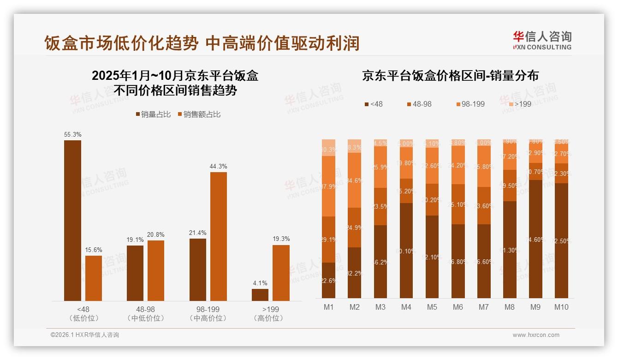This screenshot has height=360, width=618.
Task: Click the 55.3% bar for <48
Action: [x=72, y=221]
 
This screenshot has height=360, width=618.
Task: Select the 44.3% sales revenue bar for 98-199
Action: [x=219, y=236]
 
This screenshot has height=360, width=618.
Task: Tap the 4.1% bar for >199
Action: [x=260, y=295]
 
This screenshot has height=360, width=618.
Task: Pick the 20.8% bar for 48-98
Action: [x=156, y=270]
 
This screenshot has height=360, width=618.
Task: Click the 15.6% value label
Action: [x=94, y=250]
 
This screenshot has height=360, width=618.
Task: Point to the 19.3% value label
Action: [x=281, y=239]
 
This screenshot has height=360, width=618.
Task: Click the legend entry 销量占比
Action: [x=153, y=114]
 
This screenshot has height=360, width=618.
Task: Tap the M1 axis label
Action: [x=328, y=307]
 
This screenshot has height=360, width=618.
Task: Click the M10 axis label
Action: [x=561, y=307]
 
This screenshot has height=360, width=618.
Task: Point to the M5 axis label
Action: [x=432, y=307]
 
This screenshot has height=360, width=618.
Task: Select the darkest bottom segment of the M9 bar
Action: [x=535, y=239]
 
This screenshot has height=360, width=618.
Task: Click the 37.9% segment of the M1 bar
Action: [x=328, y=186]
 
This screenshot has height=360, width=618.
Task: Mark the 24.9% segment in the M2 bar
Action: [x=354, y=228]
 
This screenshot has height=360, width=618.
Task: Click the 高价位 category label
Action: [x=268, y=318]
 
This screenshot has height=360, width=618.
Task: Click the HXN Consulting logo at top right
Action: [x=542, y=40]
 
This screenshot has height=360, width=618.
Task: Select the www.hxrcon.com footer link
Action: [x=536, y=335]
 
